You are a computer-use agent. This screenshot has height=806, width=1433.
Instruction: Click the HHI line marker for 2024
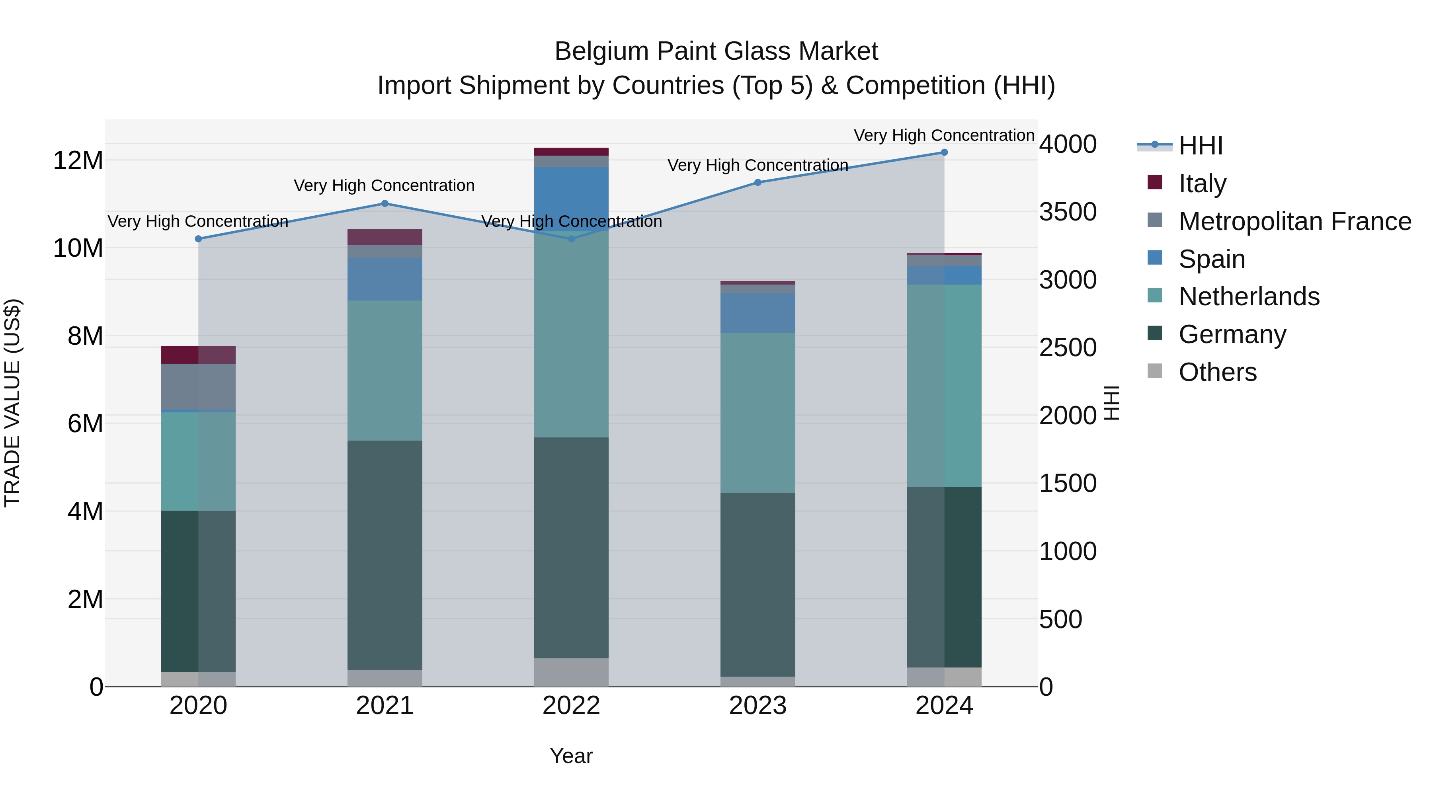(944, 152)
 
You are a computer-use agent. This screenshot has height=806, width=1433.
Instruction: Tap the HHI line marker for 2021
(385, 203)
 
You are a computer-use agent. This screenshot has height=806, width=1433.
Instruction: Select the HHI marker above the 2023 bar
(757, 182)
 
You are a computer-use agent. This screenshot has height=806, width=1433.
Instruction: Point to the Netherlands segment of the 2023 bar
(757, 412)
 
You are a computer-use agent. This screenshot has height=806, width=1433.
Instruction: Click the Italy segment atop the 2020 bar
(198, 355)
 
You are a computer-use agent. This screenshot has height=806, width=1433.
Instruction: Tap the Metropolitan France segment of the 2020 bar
(198, 386)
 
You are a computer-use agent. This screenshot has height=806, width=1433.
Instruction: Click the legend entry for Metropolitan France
(1294, 221)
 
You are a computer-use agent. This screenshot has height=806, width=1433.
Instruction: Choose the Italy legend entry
(1202, 183)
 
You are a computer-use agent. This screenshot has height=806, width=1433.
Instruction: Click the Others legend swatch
(1155, 371)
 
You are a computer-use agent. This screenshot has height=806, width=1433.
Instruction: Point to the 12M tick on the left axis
(78, 161)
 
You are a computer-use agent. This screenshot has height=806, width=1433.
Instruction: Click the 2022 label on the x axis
(571, 706)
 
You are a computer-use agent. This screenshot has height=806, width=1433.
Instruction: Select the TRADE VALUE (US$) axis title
(12, 403)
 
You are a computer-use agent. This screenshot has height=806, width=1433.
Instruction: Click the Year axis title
(571, 756)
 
